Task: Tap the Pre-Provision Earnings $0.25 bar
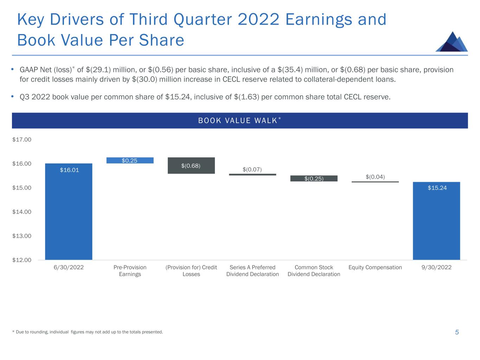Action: point(130,160)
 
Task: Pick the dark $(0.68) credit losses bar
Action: point(191,166)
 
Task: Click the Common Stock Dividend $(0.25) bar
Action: point(314,179)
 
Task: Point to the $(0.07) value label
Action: point(252,169)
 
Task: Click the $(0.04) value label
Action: point(375,176)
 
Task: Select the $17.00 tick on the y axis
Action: point(22,140)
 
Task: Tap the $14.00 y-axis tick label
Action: point(22,212)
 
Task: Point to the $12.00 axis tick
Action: point(22,260)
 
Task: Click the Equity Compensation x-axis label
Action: point(375,268)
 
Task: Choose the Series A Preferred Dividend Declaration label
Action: point(252,271)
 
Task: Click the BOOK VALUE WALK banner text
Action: point(238,121)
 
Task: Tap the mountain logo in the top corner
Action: point(452,42)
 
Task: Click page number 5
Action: point(457,332)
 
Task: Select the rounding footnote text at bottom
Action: point(88,332)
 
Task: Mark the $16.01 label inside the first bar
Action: point(69,170)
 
